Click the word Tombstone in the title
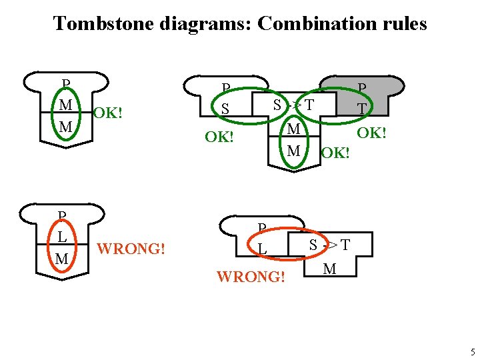click(104, 24)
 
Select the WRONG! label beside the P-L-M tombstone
click(131, 250)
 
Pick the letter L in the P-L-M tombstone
click(61, 237)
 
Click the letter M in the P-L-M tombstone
click(62, 258)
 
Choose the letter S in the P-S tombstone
click(225, 108)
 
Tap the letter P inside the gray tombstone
click(362, 89)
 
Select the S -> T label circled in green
click(293, 105)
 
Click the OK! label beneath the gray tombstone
click(372, 133)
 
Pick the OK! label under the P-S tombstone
click(219, 138)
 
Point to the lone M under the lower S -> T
click(329, 269)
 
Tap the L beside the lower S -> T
click(263, 249)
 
